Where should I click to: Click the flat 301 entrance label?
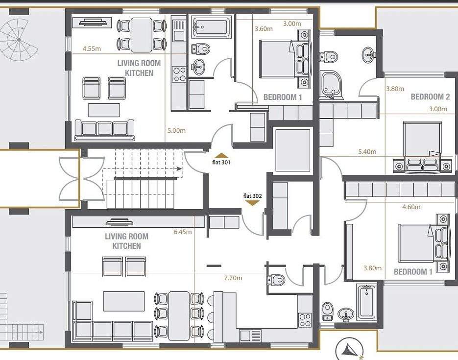pos(221,162)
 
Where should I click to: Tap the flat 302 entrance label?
pos(252,196)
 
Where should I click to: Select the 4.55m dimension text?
pos(92,49)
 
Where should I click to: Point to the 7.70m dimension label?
pos(233,278)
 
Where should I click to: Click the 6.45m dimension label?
pos(183,232)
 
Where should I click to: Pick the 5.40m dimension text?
pos(367,151)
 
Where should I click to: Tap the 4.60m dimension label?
pos(411,207)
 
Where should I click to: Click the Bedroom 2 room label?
pos(430,96)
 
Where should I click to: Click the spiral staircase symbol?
pos(19,40)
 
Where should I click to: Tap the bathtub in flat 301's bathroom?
pos(212,27)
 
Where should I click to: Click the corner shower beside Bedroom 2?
pos(331,84)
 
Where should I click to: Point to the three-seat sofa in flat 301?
pos(104,130)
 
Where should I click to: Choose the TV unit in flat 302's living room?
pos(119,222)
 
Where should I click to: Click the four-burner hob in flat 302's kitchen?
pos(305,320)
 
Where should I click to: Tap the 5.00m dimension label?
pos(176,130)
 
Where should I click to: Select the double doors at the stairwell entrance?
pos(82,179)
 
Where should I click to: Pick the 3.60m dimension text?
pos(264,29)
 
